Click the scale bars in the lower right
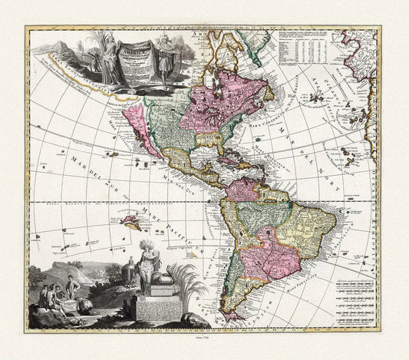pyautogui.click(x=354, y=295)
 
